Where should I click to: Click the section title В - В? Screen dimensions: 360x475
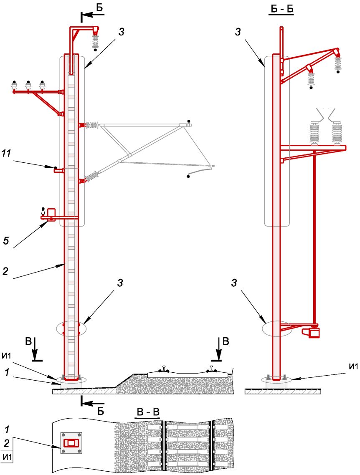point(147,412)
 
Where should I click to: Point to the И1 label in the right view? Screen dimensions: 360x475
point(353,366)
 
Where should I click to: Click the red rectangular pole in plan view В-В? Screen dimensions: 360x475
point(71,443)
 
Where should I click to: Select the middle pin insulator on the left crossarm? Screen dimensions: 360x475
point(28,85)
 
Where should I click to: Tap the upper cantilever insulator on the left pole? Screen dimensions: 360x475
point(93,125)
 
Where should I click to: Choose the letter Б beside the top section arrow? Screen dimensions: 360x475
point(100,8)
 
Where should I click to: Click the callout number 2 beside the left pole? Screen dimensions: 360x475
point(5,271)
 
